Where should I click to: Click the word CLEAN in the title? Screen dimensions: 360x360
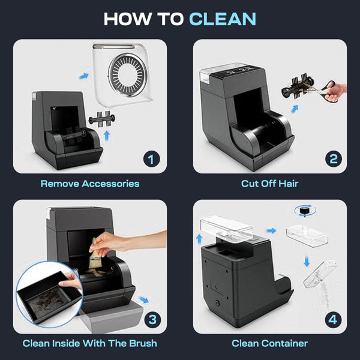tap(222, 19)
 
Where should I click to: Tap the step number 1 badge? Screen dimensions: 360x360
tap(151, 159)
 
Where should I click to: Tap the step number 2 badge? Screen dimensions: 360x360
tap(333, 159)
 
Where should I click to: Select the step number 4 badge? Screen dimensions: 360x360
tap(333, 319)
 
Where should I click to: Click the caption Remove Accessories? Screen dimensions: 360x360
tap(90, 184)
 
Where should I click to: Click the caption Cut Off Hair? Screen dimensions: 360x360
tap(269, 184)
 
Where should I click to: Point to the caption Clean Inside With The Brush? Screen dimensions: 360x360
tap(90, 343)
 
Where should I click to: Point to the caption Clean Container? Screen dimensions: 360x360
tap(269, 343)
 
